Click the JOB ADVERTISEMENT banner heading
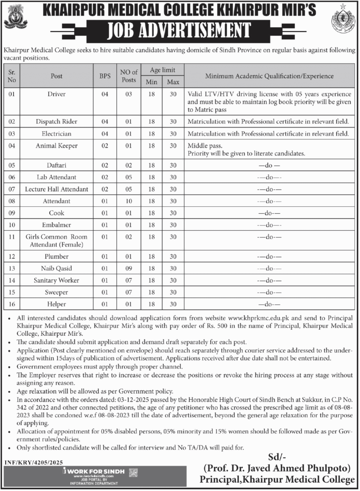[180, 31]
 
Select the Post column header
[57, 76]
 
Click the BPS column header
[105, 76]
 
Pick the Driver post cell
[57, 94]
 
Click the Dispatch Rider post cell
[57, 121]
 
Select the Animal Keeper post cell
[57, 146]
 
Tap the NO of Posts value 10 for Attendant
[128, 201]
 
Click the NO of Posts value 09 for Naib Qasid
[128, 268]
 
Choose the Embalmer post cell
[57, 225]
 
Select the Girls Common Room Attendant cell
[57, 241]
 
